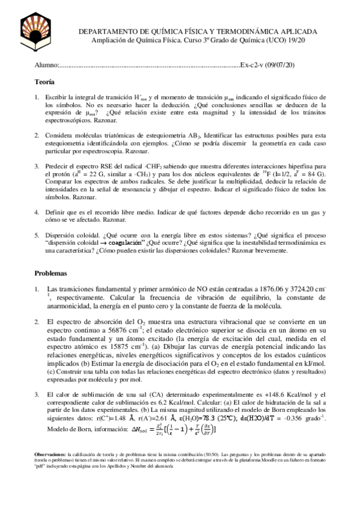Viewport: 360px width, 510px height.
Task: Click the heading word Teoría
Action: (44, 81)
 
